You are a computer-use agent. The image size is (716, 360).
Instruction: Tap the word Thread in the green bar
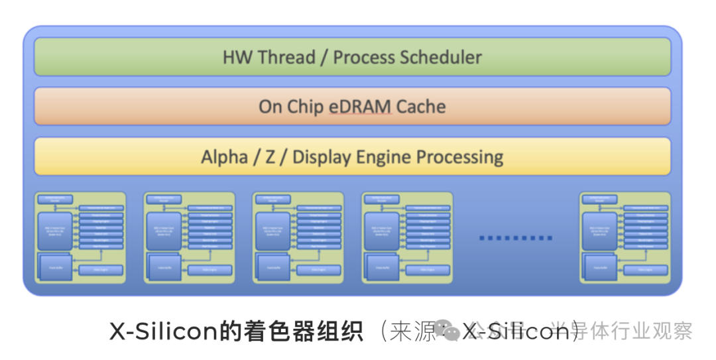point(286,57)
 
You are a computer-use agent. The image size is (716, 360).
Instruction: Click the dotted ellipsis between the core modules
point(516,237)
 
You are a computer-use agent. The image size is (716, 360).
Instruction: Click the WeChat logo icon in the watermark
point(451,331)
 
